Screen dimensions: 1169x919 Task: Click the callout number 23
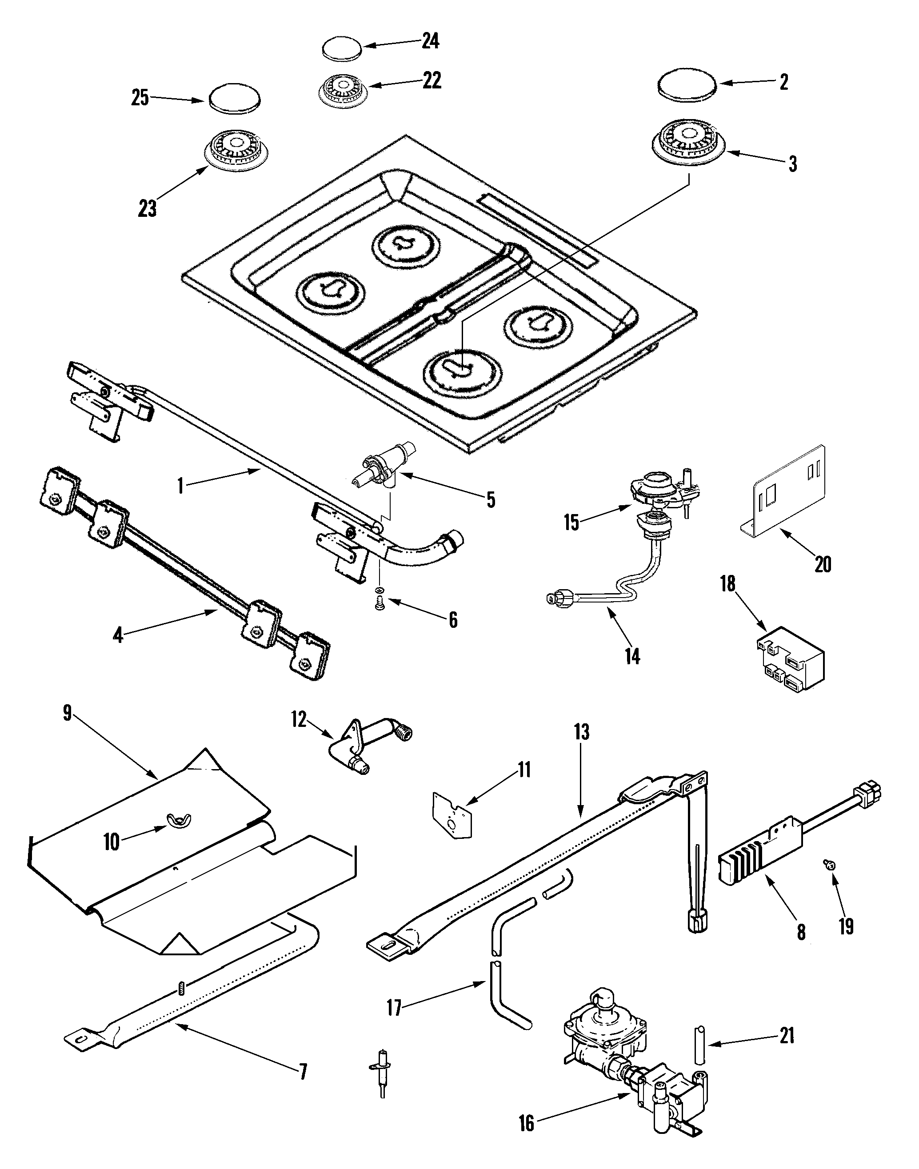coord(147,208)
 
